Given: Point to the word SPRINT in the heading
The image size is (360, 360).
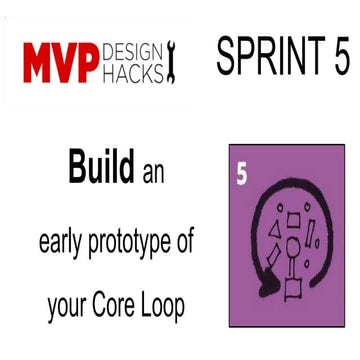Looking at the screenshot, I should point(261,57).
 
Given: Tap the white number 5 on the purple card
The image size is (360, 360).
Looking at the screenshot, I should point(242,171).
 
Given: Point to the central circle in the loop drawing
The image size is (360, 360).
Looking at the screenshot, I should point(292,245).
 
